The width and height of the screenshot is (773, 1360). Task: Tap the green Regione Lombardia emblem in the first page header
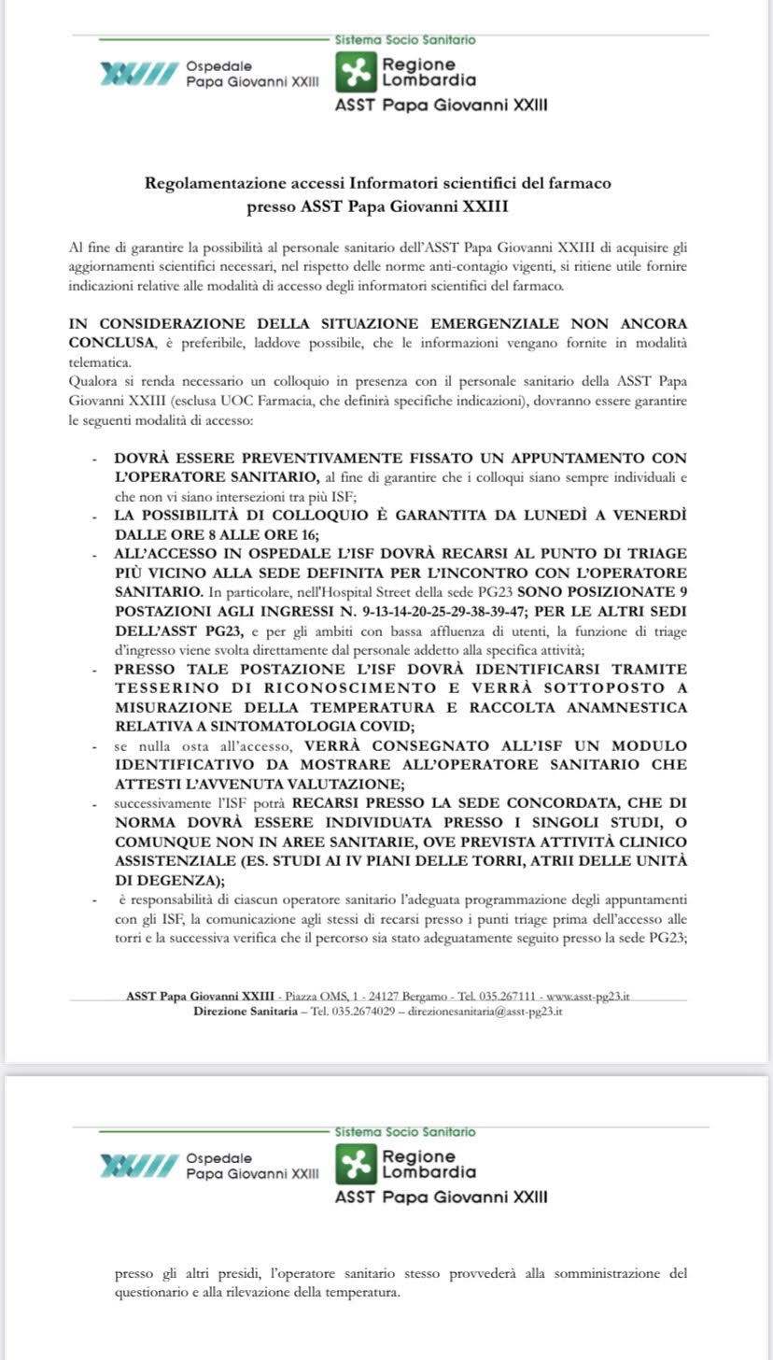pos(356,73)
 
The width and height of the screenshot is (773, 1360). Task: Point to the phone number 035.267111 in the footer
pos(508,997)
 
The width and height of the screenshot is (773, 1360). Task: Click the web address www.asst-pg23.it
pos(587,997)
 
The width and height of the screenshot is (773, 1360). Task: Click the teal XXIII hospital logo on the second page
pos(138,1165)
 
